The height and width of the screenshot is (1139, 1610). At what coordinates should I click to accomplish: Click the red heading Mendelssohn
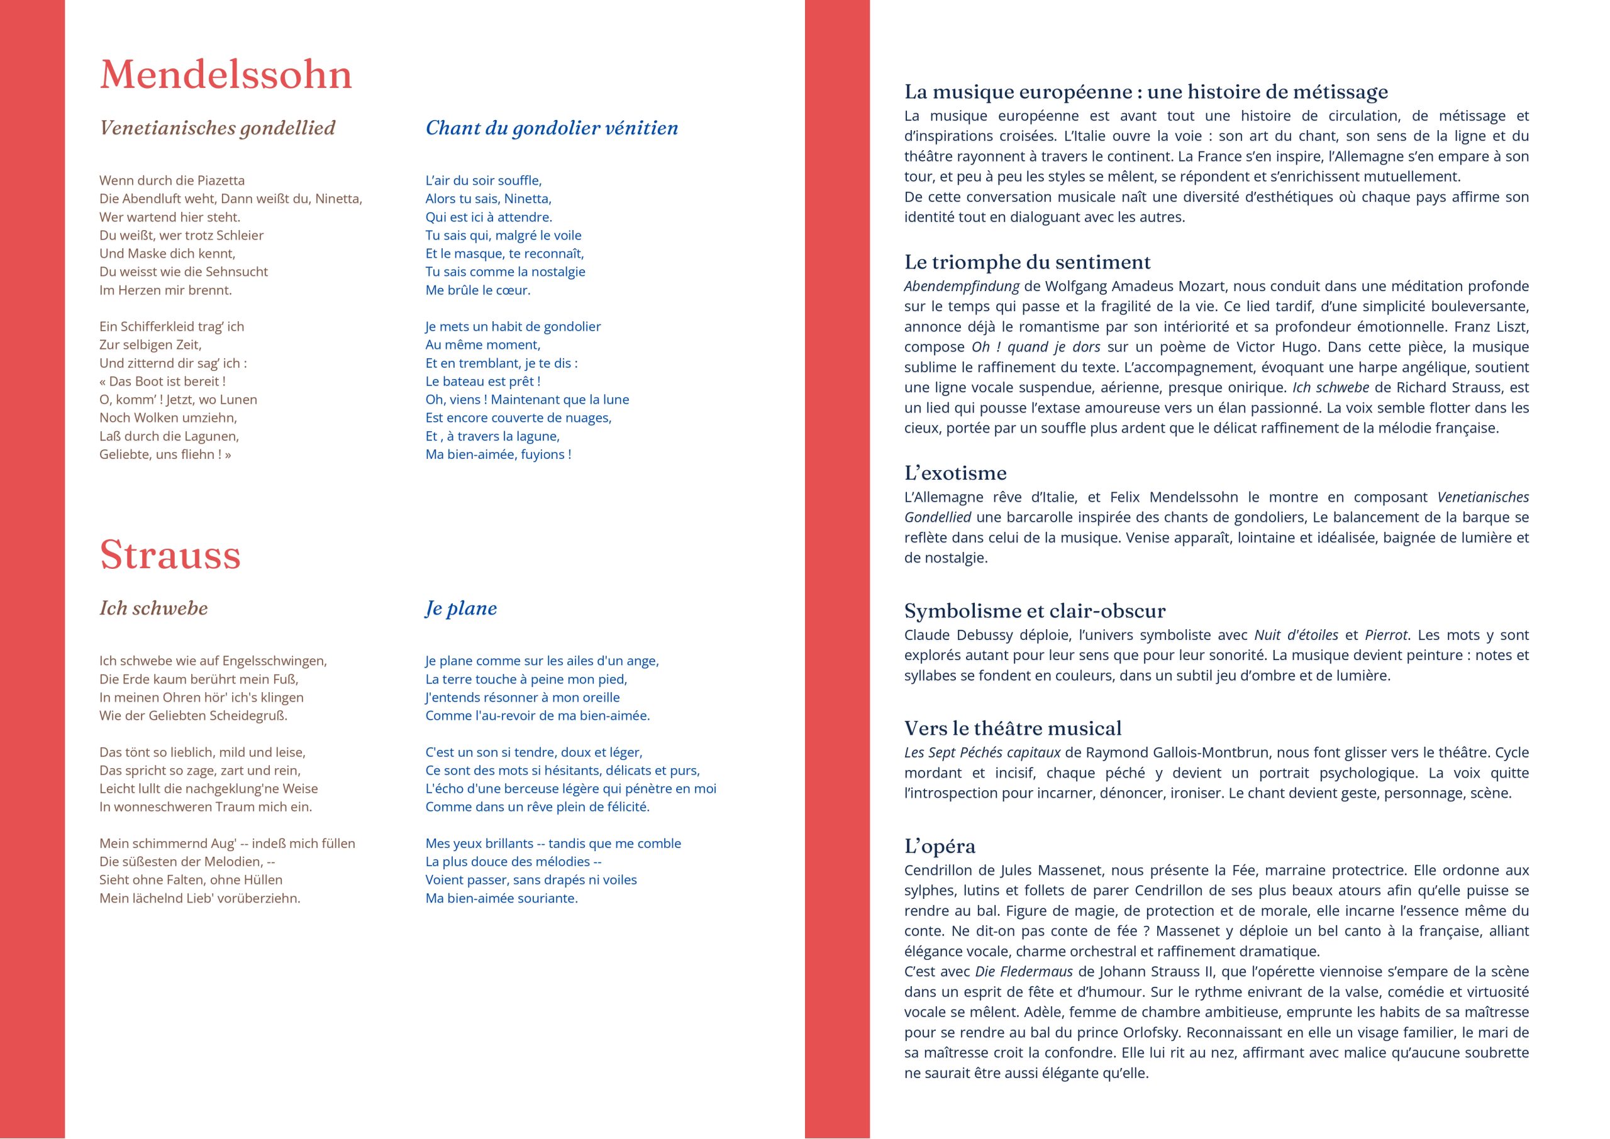point(225,74)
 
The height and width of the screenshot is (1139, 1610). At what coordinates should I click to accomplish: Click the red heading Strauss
point(170,555)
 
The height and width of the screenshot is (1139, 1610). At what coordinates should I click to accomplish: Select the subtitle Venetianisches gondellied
point(218,128)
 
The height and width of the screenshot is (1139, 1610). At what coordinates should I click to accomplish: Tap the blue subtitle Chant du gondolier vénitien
point(552,128)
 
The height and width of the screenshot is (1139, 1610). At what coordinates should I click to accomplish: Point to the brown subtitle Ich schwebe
point(153,608)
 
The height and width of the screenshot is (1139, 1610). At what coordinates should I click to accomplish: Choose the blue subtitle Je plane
point(461,608)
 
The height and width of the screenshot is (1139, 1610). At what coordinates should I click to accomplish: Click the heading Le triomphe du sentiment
point(1027,262)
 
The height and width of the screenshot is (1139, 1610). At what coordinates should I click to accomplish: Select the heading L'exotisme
point(955,473)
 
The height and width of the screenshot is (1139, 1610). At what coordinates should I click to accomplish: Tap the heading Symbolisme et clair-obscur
point(1035,611)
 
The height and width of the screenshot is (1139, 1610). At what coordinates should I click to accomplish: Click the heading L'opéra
point(940,847)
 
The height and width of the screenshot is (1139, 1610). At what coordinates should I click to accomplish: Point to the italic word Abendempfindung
point(961,286)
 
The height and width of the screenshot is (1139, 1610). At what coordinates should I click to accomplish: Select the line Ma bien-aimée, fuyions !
point(498,454)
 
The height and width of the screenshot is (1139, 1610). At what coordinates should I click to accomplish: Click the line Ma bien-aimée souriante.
point(502,898)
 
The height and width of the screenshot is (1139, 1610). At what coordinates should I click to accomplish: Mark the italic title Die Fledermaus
point(1023,972)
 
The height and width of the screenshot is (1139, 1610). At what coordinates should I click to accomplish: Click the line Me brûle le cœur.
point(478,290)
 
